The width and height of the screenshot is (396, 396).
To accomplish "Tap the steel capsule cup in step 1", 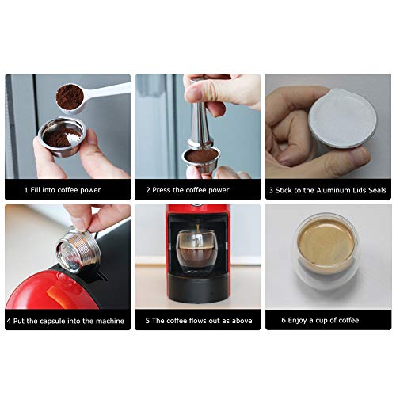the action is tap(62, 137).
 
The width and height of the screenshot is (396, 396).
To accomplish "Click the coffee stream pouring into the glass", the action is tap(198, 232).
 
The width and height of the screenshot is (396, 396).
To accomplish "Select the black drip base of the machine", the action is tap(198, 287).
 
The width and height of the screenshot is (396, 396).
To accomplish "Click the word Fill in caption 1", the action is tap(36, 190).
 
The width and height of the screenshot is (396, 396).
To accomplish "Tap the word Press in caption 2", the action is tap(162, 190).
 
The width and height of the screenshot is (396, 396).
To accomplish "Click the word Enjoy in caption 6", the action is tap(297, 321).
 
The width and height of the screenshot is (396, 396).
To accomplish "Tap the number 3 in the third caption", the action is tap(271, 190).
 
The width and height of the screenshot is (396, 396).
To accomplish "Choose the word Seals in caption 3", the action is tap(378, 190).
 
